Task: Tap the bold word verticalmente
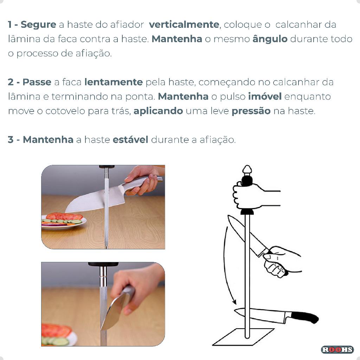pyautogui.click(x=184, y=24)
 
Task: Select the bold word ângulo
pyautogui.click(x=270, y=39)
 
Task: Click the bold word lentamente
pyautogui.click(x=114, y=82)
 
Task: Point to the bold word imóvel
pyautogui.click(x=265, y=96)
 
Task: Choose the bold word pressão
pyautogui.click(x=251, y=111)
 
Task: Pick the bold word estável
pyautogui.click(x=130, y=139)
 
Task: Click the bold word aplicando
pyautogui.click(x=158, y=111)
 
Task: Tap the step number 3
pyautogui.click(x=10, y=140)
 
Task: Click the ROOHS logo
pyautogui.click(x=337, y=349)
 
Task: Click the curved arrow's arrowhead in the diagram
pyautogui.click(x=234, y=302)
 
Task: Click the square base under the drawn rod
pyautogui.click(x=243, y=337)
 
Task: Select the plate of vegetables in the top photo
pyautogui.click(x=64, y=221)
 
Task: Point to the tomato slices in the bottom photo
pyautogui.click(x=56, y=330)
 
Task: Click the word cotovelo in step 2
pyautogui.click(x=65, y=111)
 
